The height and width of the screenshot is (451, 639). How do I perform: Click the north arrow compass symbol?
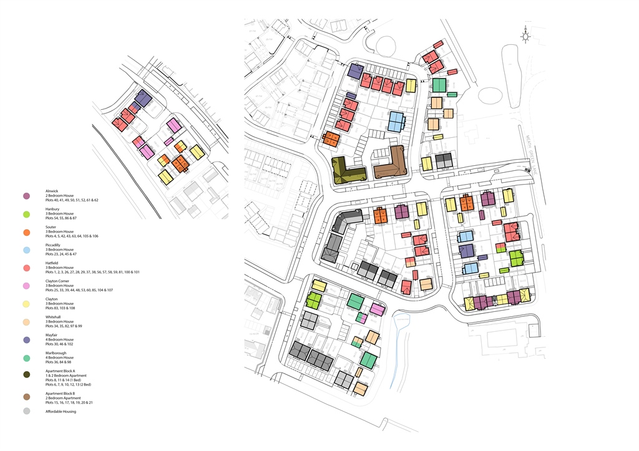526,37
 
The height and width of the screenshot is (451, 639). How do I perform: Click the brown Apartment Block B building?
391,163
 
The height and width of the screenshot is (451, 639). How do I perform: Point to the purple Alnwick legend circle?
26,196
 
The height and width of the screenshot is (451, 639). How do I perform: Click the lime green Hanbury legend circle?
26,214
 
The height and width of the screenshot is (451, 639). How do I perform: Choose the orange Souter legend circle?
26,232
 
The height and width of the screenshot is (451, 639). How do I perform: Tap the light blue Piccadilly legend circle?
26,250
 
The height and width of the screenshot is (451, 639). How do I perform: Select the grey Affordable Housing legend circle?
26,411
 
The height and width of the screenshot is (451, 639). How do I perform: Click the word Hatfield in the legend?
53,263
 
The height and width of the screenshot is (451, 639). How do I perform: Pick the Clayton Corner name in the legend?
59,281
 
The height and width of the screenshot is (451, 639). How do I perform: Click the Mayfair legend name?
52,335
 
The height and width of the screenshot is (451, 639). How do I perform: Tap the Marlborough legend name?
56,353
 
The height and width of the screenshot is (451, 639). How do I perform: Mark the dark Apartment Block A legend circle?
26,375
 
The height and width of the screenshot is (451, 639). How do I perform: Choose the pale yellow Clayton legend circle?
26,304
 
